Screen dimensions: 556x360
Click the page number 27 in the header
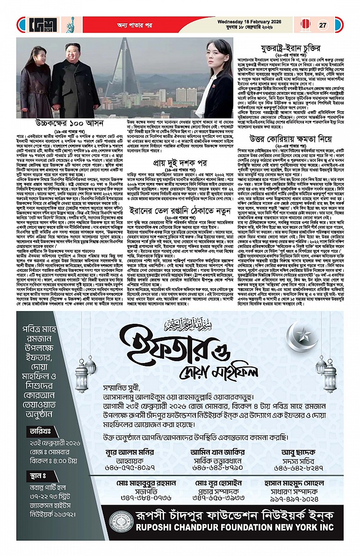point(323,25)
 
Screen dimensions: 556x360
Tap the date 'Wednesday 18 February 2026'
point(248,21)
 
